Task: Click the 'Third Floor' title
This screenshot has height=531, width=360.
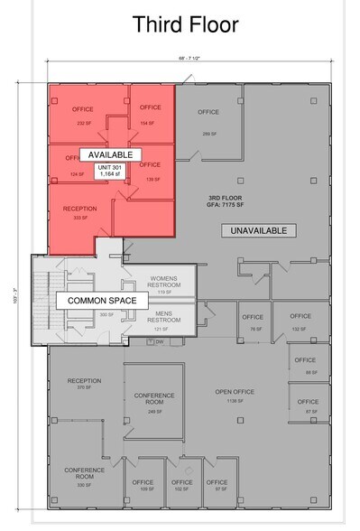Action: coord(185,24)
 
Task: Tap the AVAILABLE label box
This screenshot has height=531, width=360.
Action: coord(110,154)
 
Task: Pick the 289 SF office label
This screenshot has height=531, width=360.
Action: coord(208,117)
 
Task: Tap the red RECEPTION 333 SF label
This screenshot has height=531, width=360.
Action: coord(79,212)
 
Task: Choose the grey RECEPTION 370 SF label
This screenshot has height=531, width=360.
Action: coord(84,385)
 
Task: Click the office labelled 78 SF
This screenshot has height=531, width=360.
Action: coord(252,321)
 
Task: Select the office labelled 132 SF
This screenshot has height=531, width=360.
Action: coord(300,321)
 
